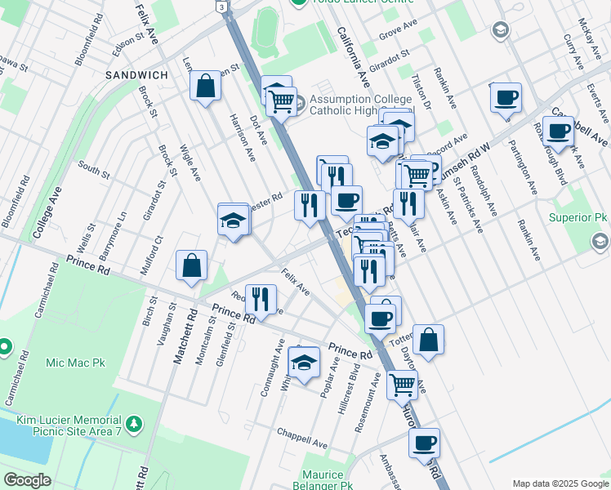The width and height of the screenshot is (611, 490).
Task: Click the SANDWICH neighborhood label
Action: click(136, 75)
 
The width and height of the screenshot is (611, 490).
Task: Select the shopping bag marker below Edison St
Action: click(205, 85)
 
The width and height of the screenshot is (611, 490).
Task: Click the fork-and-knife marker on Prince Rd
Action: click(261, 299)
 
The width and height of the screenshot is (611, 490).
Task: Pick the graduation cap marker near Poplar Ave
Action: click(304, 363)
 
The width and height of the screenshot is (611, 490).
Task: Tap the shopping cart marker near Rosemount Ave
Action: click(402, 383)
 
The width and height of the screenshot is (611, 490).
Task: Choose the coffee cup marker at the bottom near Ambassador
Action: click(424, 443)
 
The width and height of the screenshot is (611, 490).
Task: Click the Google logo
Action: click(27, 480)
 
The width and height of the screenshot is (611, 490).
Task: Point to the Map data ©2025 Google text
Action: click(561, 483)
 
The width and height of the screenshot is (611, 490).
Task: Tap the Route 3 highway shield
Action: click(221, 6)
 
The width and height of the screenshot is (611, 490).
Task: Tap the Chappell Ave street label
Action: click(301, 438)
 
